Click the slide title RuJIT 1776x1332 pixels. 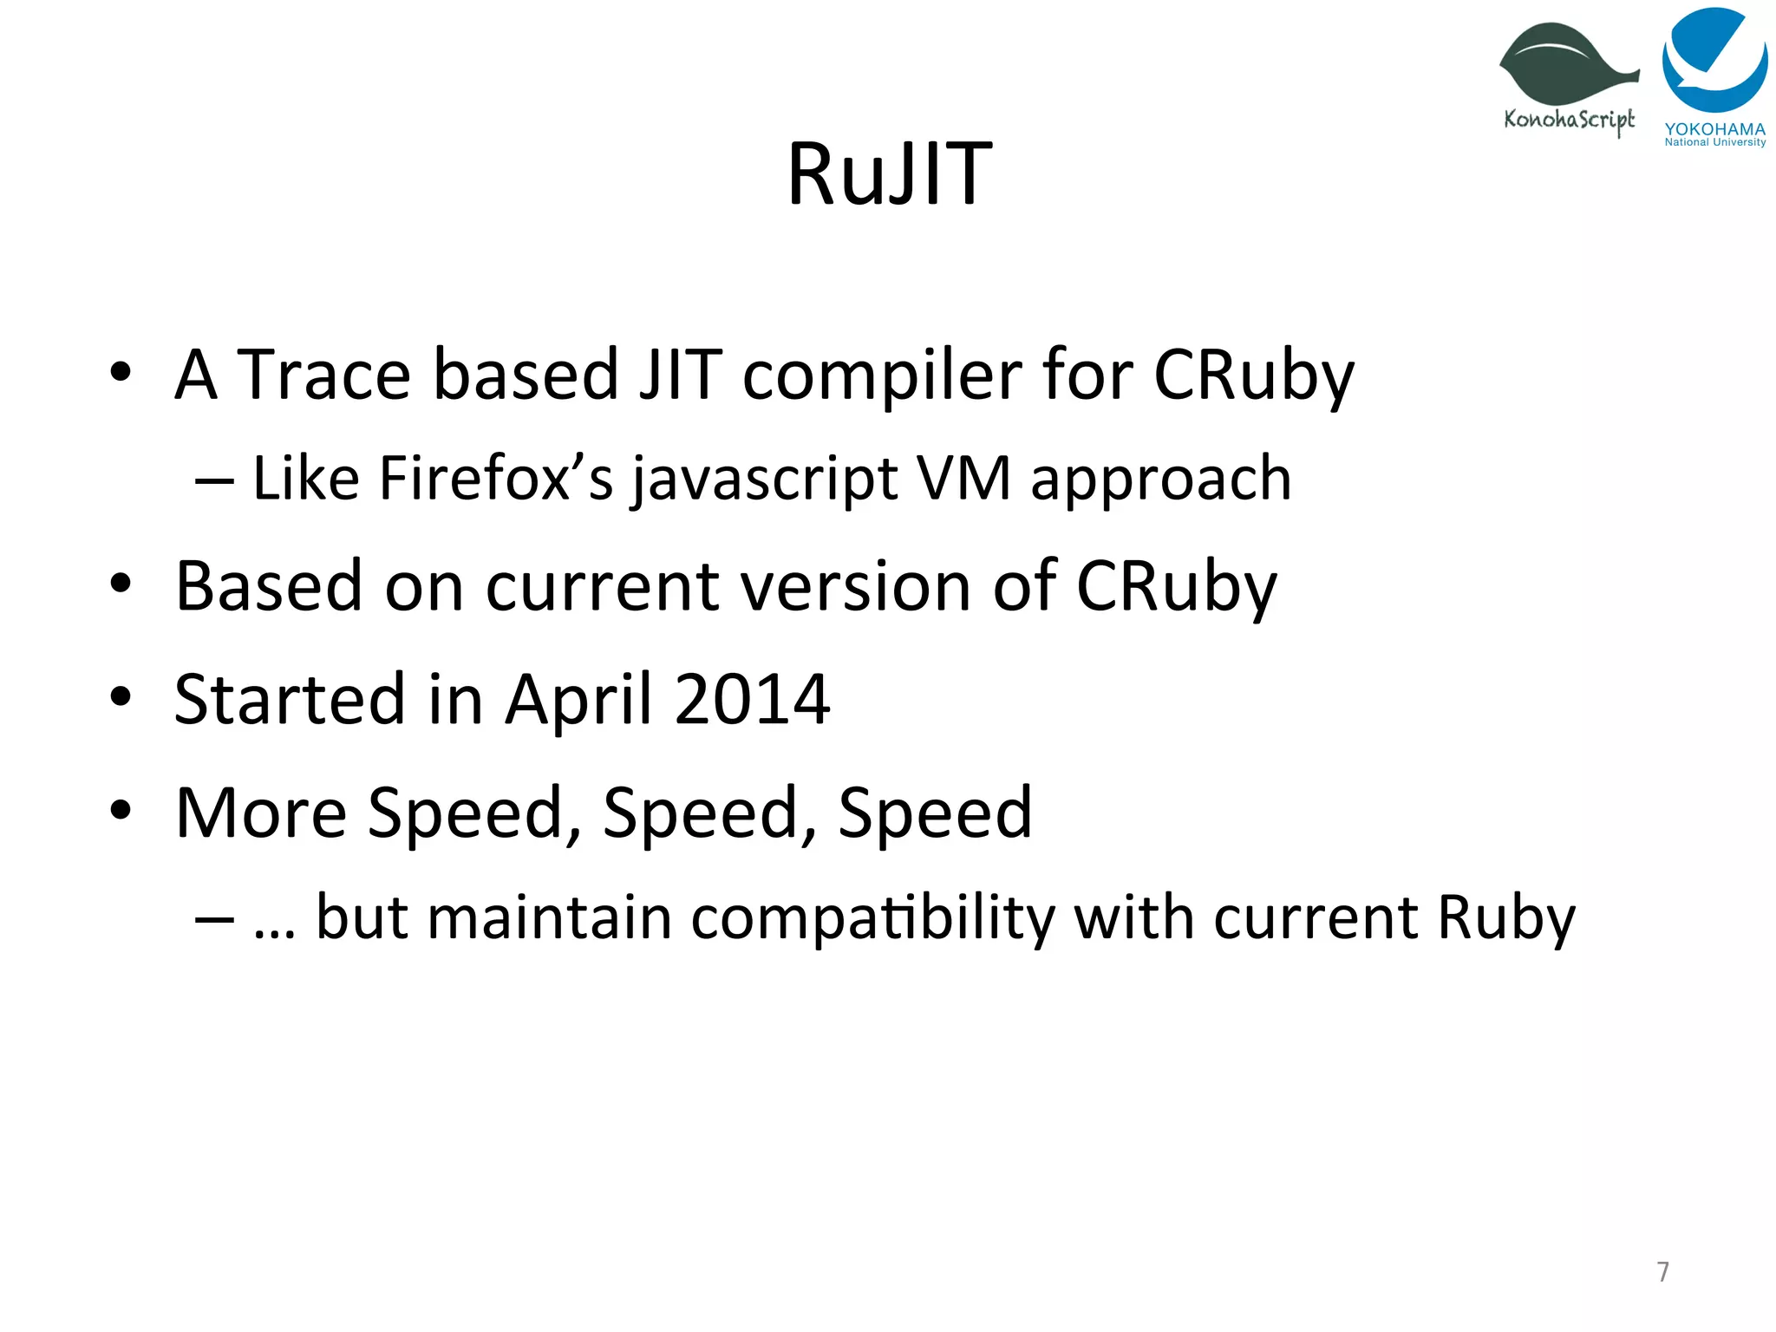pyautogui.click(x=889, y=174)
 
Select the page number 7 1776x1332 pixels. pyautogui.click(x=1662, y=1271)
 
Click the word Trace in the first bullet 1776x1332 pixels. pyautogui.click(x=323, y=375)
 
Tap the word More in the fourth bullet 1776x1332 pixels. pyautogui.click(x=261, y=813)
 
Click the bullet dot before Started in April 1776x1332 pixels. pyautogui.click(x=121, y=695)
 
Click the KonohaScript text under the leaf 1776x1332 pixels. pyautogui.click(x=1569, y=120)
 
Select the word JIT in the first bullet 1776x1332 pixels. pyautogui.click(x=680, y=375)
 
